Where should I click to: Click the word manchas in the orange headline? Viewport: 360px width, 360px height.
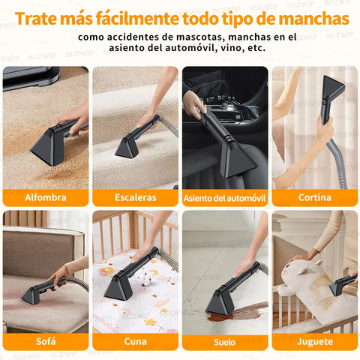[313, 19]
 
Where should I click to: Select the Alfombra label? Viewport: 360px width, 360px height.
[46, 197]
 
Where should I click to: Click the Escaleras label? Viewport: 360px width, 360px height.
[136, 197]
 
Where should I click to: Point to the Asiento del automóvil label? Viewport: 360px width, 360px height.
[225, 198]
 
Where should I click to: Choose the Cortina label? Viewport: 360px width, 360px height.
[315, 197]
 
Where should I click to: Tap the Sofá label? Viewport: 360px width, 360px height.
[46, 341]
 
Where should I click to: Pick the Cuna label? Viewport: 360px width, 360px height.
[136, 341]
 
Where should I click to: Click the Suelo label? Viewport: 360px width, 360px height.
[224, 342]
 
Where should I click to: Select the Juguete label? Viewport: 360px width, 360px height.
[315, 341]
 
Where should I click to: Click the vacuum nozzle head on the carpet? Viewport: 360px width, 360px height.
[46, 147]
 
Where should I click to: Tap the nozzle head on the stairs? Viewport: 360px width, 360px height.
[127, 148]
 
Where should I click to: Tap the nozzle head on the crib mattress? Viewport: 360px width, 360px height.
[117, 288]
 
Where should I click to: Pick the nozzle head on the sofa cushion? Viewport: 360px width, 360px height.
[31, 295]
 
